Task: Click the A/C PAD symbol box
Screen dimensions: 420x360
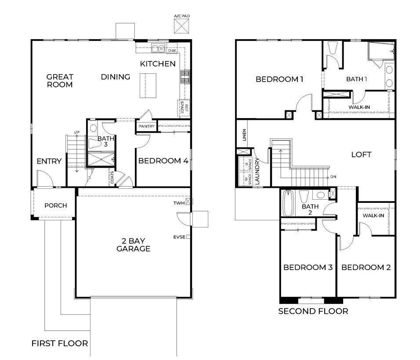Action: (x=181, y=26)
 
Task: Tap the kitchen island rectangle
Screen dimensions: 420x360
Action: (x=148, y=86)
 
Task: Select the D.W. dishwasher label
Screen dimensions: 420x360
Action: (x=172, y=50)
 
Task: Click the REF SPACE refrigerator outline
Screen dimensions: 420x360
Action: (x=184, y=108)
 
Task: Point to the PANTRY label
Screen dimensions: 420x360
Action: (x=147, y=126)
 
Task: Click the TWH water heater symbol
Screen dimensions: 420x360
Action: (x=189, y=201)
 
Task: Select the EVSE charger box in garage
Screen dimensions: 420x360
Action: (x=188, y=237)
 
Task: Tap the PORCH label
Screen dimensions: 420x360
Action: (x=56, y=205)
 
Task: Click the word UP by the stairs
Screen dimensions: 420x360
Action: (x=76, y=133)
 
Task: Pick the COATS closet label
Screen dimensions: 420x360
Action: (x=112, y=177)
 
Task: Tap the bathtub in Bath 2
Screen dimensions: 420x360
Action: (x=288, y=203)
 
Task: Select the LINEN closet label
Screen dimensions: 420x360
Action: (x=244, y=135)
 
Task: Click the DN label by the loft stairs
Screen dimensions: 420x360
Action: (x=333, y=177)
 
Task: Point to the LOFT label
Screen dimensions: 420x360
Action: (x=361, y=155)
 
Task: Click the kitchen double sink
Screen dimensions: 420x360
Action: (x=158, y=49)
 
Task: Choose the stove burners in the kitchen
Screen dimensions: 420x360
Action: (x=185, y=77)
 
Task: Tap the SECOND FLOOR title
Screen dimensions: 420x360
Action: (x=313, y=311)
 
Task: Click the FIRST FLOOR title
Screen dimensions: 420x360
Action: (x=60, y=343)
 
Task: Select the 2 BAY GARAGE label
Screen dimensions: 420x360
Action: (x=133, y=245)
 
